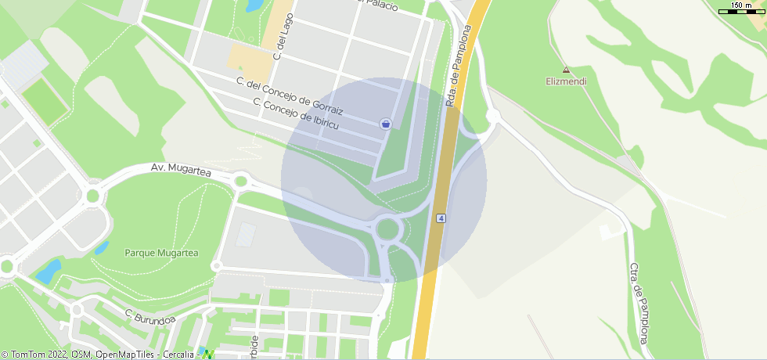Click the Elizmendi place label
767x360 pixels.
coord(566,81)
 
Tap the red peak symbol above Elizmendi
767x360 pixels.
coord(566,70)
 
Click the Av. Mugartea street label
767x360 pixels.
coord(182,169)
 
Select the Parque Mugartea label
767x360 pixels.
coord(161,253)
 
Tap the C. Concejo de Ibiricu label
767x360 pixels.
coord(296,114)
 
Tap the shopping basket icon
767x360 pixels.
coord(385,124)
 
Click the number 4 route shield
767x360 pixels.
coord(441,218)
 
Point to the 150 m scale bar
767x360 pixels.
coord(741,9)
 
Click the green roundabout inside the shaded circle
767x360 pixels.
coord(388,229)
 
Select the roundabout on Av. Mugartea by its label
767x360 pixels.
coord(240,182)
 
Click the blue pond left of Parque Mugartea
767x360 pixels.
coord(49,271)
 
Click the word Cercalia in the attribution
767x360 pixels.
coord(178,355)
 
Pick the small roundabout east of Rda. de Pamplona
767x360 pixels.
coord(493,117)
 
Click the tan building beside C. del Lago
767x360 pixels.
coord(247,57)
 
